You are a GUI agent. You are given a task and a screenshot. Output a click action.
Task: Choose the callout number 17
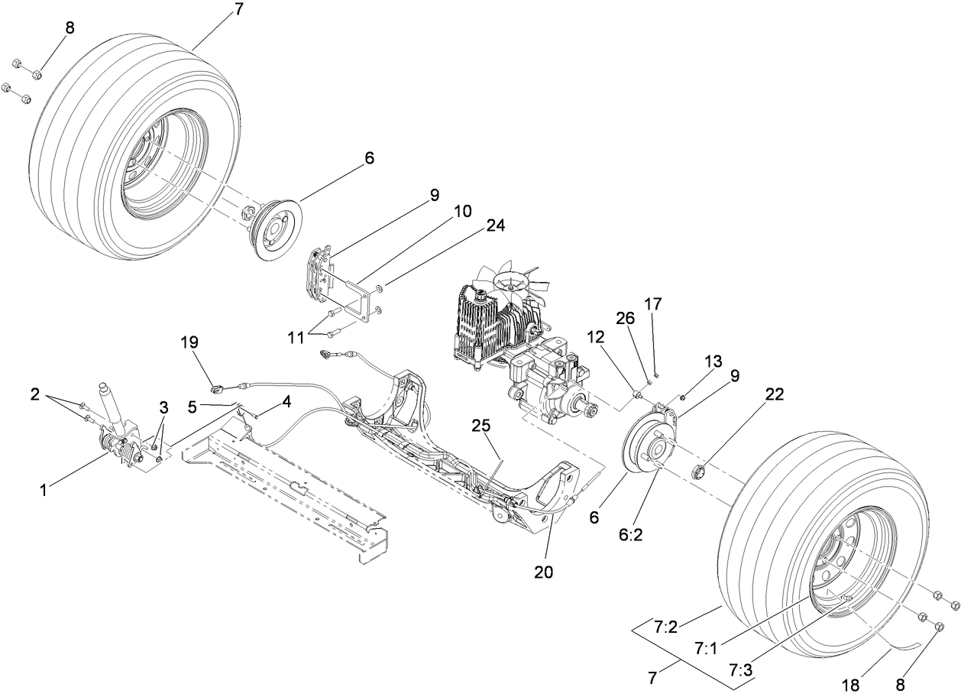(652, 304)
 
